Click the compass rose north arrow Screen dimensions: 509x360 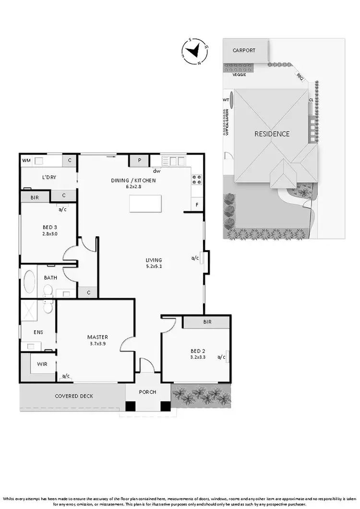pyautogui.click(x=194, y=51)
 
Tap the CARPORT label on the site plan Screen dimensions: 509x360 pyautogui.click(x=244, y=50)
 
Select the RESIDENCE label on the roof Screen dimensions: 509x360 pyautogui.click(x=272, y=134)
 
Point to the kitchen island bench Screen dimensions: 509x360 pyautogui.click(x=143, y=205)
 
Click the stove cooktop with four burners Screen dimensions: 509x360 pyautogui.click(x=197, y=180)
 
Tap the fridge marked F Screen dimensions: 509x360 pyautogui.click(x=197, y=205)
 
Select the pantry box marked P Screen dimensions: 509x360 pyautogui.click(x=139, y=161)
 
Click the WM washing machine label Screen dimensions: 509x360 pyautogui.click(x=26, y=160)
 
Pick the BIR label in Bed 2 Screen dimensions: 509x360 pyautogui.click(x=207, y=322)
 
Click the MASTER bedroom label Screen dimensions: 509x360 pyautogui.click(x=97, y=337)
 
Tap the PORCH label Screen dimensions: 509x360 pyautogui.click(x=147, y=392)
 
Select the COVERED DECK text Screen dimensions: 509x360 pyautogui.click(x=74, y=396)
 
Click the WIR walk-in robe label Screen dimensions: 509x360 pyautogui.click(x=42, y=364)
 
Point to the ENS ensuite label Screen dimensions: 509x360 pyautogui.click(x=38, y=331)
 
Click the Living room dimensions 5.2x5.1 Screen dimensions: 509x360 pyautogui.click(x=154, y=266)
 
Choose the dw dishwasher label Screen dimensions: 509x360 pyautogui.click(x=156, y=171)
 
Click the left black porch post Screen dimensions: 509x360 pyautogui.click(x=130, y=406)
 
